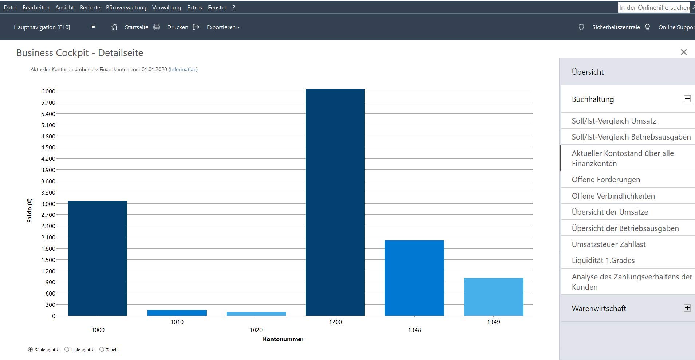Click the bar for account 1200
pos(335,202)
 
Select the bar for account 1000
pos(98,258)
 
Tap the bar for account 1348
pos(414,278)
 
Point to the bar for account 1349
pos(494,297)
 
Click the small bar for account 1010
pos(177,313)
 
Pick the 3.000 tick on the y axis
pos(48,204)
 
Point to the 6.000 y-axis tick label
pos(48,91)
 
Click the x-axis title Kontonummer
pos(283,339)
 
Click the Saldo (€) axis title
pos(30,210)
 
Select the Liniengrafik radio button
pos(67,349)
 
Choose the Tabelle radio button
pos(102,349)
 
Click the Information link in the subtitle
pos(183,69)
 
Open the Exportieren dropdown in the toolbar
pos(223,27)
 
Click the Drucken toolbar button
pos(177,27)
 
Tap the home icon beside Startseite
pos(114,27)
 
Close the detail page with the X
pos(684,52)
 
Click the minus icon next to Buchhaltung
pos(687,99)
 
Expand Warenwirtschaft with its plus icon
pos(687,308)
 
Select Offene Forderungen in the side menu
pos(606,180)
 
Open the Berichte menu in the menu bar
pos(90,8)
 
